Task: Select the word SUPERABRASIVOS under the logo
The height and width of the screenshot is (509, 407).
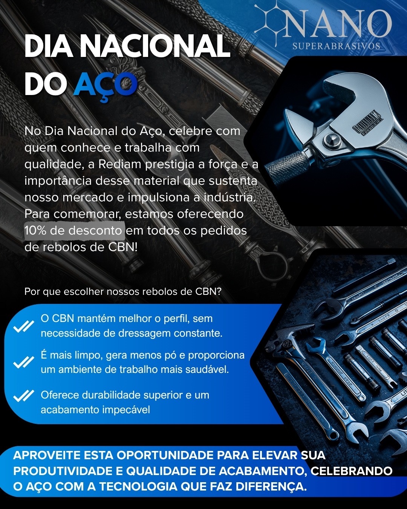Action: pyautogui.click(x=336, y=46)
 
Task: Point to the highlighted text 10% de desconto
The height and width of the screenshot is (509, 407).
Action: pyautogui.click(x=73, y=231)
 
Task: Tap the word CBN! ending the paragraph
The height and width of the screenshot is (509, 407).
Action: pyautogui.click(x=123, y=247)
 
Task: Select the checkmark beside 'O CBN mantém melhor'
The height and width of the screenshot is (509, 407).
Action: pyautogui.click(x=23, y=326)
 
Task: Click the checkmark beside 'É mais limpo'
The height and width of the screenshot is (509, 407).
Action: pyautogui.click(x=23, y=362)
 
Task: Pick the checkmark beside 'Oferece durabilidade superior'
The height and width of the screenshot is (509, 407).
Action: pyautogui.click(x=23, y=396)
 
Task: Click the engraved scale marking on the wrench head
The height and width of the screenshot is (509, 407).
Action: pyautogui.click(x=366, y=123)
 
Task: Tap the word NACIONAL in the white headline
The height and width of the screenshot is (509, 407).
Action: pyautogui.click(x=156, y=46)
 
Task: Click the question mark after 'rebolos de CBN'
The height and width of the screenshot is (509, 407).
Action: pyautogui.click(x=218, y=291)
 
